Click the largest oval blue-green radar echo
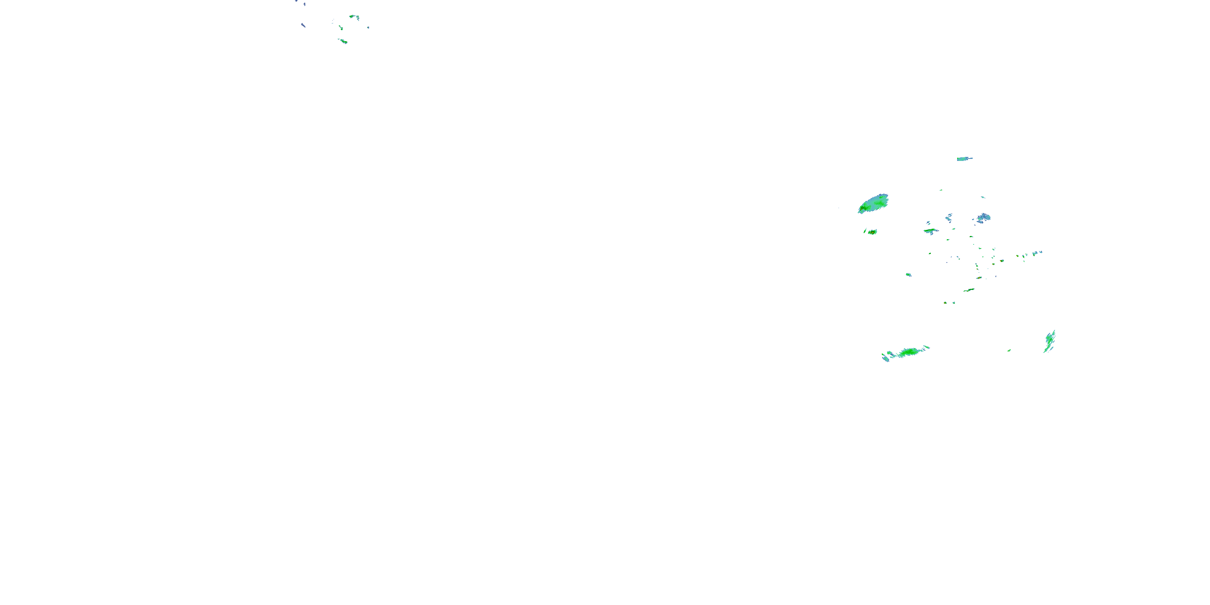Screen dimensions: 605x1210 873,204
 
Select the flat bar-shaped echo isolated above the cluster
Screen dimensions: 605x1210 964,159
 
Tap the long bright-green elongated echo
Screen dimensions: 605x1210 909,352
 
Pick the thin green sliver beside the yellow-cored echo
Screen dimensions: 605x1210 865,231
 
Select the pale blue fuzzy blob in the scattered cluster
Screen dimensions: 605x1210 984,217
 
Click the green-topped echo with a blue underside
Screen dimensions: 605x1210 930,231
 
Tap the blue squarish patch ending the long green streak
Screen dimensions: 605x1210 885,359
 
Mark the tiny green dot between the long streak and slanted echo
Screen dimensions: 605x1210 1008,350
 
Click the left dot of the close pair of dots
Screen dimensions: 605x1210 945,302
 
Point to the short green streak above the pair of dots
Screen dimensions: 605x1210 968,290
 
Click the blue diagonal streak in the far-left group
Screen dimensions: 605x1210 303,25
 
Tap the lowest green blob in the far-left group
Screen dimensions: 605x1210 344,41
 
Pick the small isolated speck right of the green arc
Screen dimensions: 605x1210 368,28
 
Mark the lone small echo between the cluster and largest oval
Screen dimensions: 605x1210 908,274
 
